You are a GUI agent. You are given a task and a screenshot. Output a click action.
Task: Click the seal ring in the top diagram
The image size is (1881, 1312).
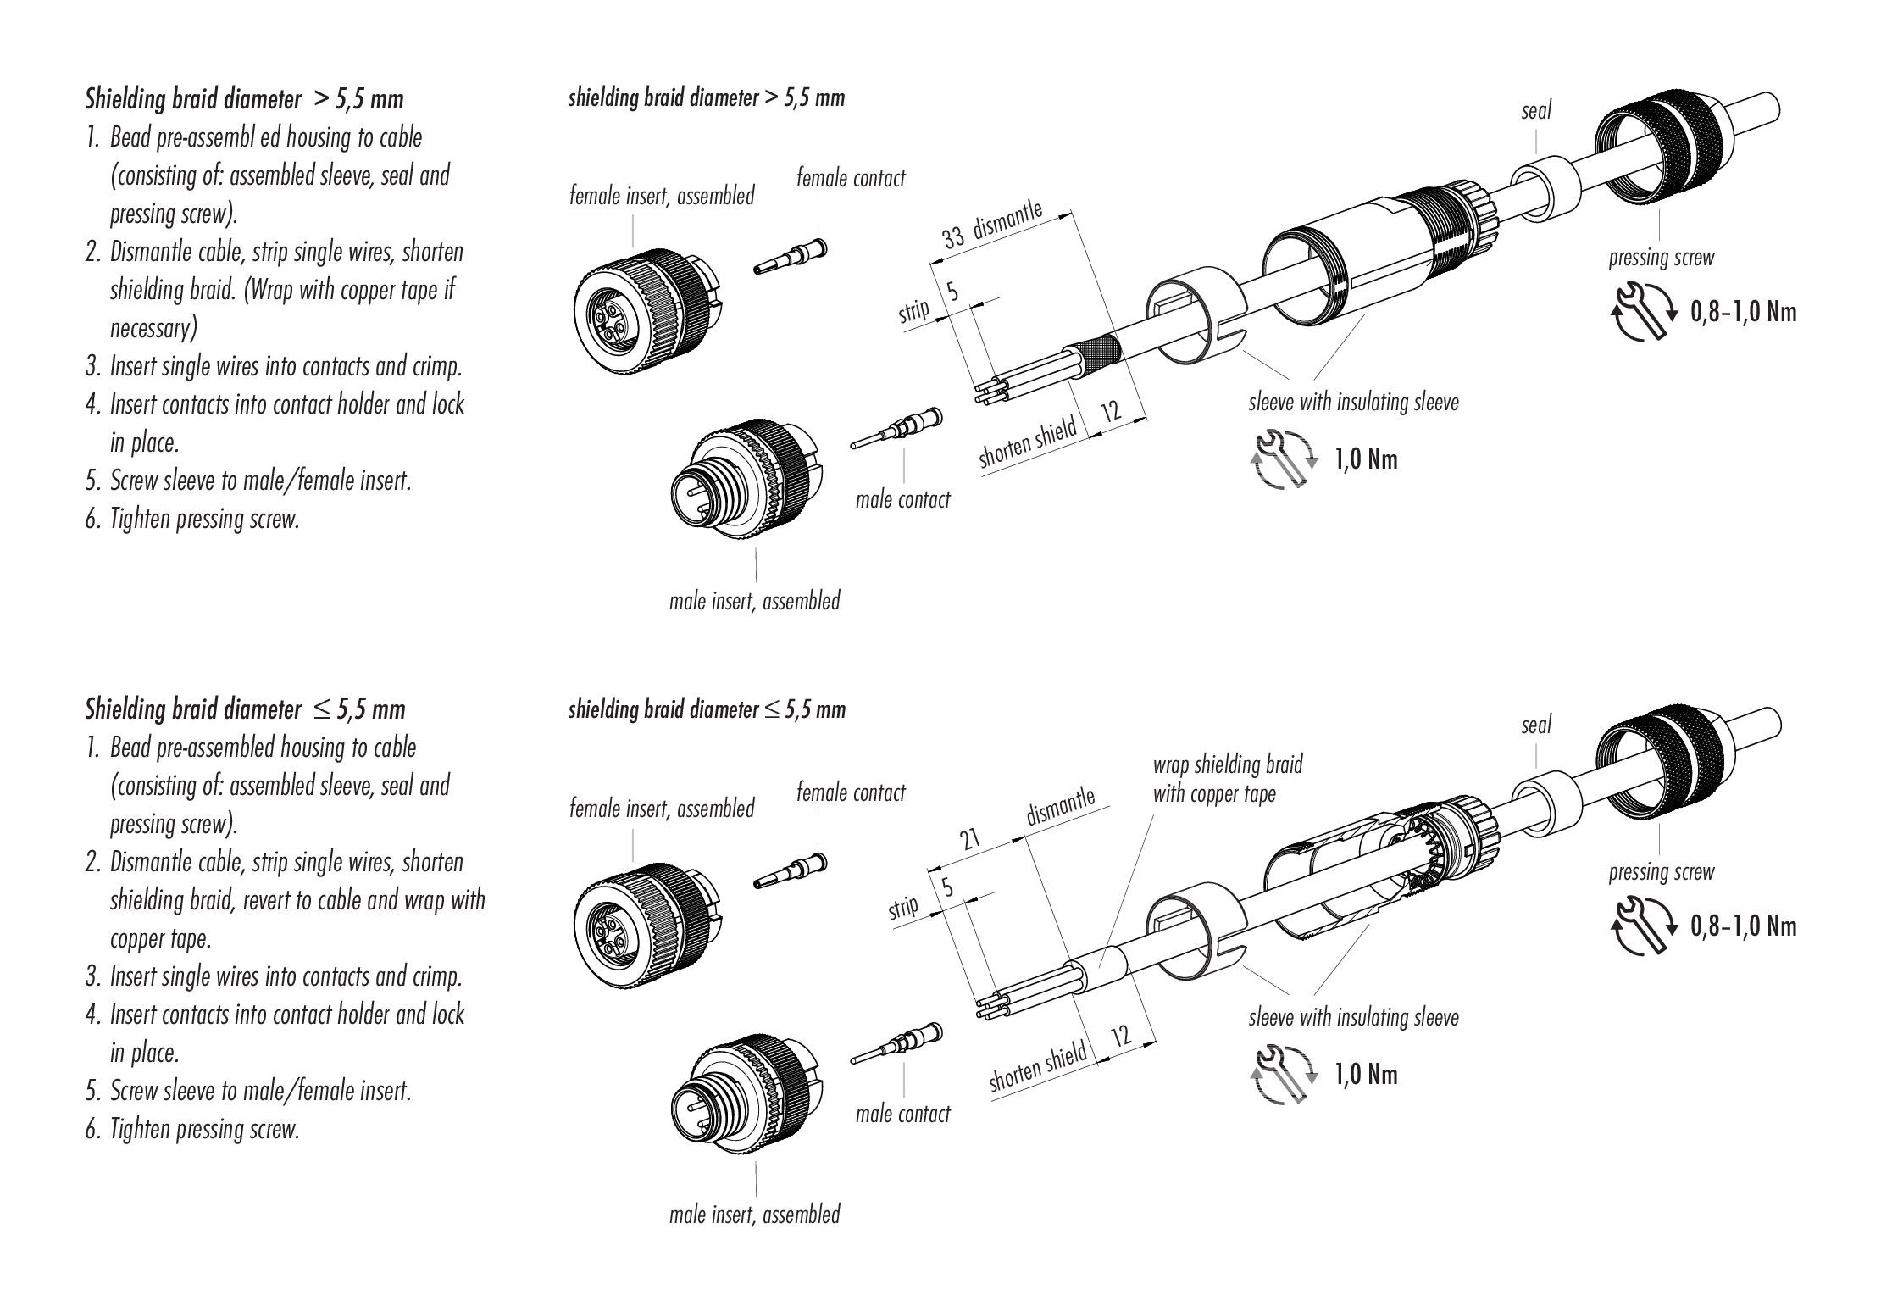[x=1546, y=193]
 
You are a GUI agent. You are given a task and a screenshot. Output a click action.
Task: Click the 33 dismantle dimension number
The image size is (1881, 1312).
[x=953, y=236]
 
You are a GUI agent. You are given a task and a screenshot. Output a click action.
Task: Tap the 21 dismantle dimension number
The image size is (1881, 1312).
[x=969, y=840]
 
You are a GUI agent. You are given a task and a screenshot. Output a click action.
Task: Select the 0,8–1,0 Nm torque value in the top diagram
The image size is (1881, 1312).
[x=1743, y=313]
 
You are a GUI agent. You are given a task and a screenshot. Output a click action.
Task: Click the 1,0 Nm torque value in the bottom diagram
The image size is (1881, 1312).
[x=1366, y=1076]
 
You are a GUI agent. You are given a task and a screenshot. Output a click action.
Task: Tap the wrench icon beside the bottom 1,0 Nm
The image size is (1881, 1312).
[x=1284, y=1075]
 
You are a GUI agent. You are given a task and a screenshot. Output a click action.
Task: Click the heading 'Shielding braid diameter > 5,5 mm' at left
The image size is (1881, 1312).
[x=244, y=100]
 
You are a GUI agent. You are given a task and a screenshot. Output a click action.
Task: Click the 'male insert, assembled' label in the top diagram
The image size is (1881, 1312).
[x=754, y=602]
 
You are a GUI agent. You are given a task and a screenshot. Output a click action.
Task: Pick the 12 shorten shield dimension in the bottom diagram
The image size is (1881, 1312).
[x=1121, y=1036]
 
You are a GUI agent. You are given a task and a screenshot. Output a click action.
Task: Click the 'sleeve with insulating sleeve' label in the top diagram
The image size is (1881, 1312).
[x=1353, y=402]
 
